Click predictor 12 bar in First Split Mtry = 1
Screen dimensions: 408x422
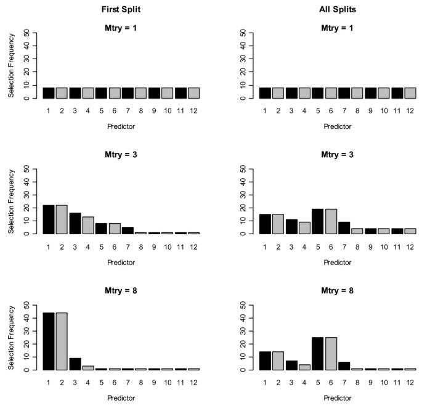pyautogui.click(x=194, y=93)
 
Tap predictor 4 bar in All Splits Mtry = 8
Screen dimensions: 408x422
pyautogui.click(x=304, y=367)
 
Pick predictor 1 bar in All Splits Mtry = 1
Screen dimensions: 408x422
pyautogui.click(x=264, y=93)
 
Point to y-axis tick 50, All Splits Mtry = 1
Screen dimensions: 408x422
pyautogui.click(x=243, y=33)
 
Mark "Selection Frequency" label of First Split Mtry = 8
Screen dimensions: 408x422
pyautogui.click(x=10, y=338)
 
